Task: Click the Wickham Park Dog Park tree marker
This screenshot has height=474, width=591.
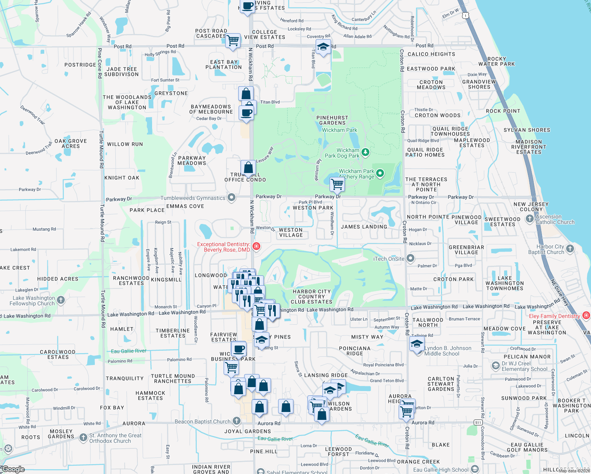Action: [x=365, y=152]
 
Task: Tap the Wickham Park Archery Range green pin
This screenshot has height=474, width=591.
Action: [x=380, y=173]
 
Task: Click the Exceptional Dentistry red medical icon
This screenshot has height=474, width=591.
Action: [x=256, y=246]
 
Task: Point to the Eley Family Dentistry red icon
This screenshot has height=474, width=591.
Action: [x=586, y=315]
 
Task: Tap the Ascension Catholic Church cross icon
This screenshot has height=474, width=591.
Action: [x=530, y=218]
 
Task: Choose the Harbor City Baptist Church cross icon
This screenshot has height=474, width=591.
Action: [x=570, y=248]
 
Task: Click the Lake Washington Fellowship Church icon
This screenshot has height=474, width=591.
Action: [x=60, y=300]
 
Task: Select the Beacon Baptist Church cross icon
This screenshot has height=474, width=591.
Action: [x=236, y=421]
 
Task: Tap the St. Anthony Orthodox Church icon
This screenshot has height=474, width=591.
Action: [x=83, y=437]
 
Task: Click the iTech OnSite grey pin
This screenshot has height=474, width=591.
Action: [x=410, y=258]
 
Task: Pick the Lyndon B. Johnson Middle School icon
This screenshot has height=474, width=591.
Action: [x=417, y=344]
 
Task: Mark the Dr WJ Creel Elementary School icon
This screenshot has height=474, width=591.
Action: [x=496, y=366]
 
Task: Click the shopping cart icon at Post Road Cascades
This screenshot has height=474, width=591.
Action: [x=233, y=40]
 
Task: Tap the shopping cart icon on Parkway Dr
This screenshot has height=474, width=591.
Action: [x=337, y=184]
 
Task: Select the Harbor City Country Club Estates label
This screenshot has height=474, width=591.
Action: [x=312, y=297]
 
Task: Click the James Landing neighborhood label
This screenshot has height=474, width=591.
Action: [x=364, y=227]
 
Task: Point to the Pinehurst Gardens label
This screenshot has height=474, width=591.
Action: [x=332, y=120]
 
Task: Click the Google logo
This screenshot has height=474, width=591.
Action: [x=13, y=469]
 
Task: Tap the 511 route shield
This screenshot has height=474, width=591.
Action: [x=478, y=423]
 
